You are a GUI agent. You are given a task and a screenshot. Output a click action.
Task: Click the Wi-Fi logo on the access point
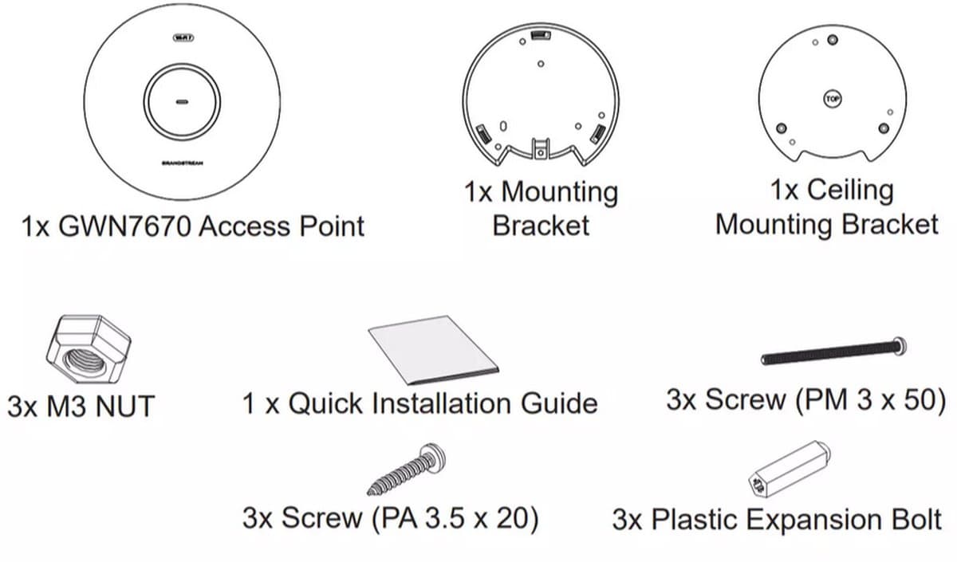pyautogui.click(x=183, y=37)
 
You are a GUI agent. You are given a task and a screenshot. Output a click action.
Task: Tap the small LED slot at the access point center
pyautogui.click(x=183, y=103)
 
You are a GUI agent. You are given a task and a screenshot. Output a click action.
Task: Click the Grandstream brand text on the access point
pyautogui.click(x=183, y=163)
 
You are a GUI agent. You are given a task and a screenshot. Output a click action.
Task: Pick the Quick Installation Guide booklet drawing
pyautogui.click(x=434, y=350)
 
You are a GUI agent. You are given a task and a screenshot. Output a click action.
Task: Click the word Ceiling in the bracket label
pyautogui.click(x=829, y=191)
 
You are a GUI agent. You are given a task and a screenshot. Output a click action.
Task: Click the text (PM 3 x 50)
pyautogui.click(x=870, y=399)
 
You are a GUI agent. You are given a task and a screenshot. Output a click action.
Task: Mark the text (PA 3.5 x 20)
pyautogui.click(x=455, y=519)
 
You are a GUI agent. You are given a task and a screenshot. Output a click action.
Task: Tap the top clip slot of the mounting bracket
pyautogui.click(x=541, y=36)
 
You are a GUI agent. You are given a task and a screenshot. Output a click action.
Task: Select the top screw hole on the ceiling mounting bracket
pyautogui.click(x=833, y=40)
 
